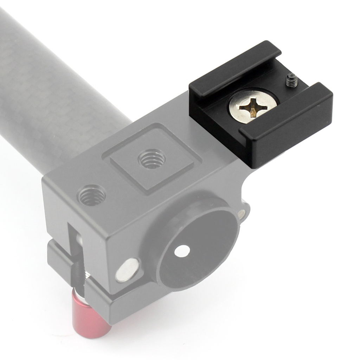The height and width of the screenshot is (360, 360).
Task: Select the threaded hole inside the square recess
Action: click(151, 159)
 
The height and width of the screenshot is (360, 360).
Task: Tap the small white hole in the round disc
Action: click(182, 250)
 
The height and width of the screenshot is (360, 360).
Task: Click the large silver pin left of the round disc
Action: click(127, 270)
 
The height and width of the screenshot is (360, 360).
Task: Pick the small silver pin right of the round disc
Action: click(242, 213)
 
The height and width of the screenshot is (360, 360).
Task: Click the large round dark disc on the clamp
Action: click(197, 246)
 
